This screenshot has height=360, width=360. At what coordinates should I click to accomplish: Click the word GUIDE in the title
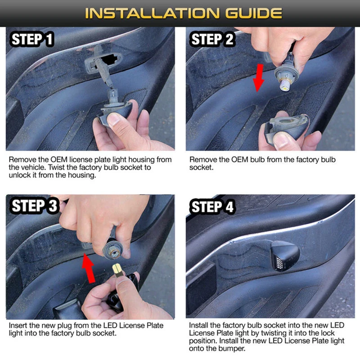[253, 13]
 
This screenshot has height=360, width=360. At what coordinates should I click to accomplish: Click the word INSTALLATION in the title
[152, 13]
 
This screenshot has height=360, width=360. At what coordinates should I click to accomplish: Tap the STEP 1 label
[32, 39]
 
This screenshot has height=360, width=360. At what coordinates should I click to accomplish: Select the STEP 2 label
[212, 39]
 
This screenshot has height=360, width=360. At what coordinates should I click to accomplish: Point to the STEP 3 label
[35, 206]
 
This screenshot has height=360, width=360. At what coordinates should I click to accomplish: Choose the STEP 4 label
[212, 207]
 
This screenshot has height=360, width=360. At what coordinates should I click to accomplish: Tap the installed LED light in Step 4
[284, 256]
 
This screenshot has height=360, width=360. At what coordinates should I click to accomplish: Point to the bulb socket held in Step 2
[286, 75]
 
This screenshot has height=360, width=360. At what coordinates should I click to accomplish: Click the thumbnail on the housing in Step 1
[115, 119]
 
